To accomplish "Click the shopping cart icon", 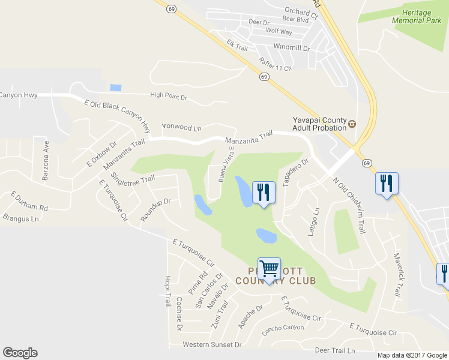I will pos(270,268).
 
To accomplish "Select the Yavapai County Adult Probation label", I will pos(319,123).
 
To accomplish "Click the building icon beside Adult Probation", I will pos(352,125).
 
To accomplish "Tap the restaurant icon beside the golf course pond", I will pos(264,192).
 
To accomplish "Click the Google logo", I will pos(20,353).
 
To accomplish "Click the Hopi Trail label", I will pos(167,292).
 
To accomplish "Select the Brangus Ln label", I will pos(20,218).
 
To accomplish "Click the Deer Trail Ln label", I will pos(335,350).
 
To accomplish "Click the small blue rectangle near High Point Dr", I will pos(116,88).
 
